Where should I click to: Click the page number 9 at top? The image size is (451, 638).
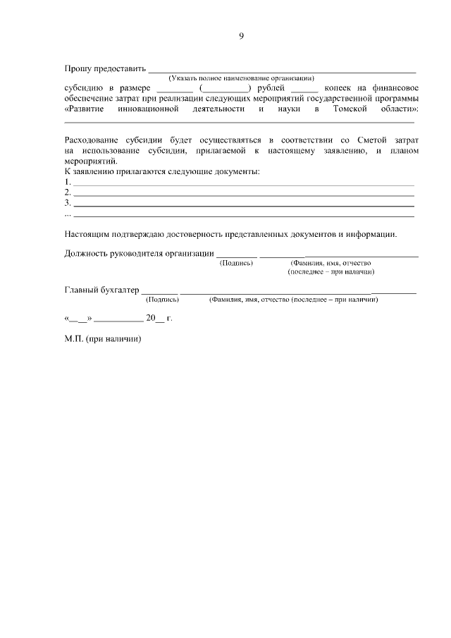point(241,36)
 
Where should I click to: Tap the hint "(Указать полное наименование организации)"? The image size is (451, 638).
point(241,78)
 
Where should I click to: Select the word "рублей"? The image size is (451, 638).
point(271,88)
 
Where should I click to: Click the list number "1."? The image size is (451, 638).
point(68,181)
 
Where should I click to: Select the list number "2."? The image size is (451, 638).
point(68,192)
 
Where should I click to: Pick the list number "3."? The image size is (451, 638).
point(68,202)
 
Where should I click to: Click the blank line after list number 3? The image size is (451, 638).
point(244,204)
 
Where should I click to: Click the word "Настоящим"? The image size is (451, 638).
point(88,233)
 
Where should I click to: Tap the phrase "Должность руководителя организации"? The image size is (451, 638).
point(139,254)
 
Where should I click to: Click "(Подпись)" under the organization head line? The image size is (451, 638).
point(236,263)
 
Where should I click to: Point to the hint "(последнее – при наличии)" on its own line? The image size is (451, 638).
point(330,271)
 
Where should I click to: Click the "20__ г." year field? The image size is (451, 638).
point(159,318)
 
